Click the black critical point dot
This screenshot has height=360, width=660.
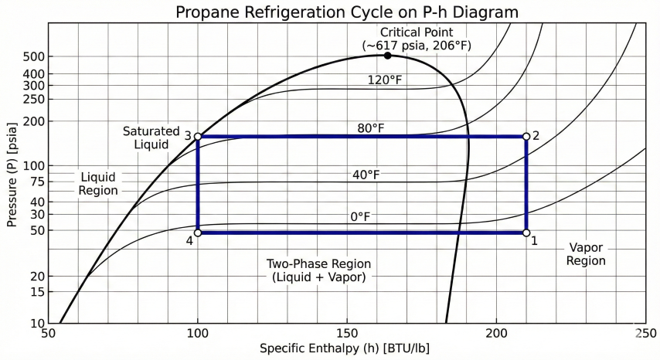click(387, 56)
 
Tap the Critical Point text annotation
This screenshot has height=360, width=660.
click(417, 38)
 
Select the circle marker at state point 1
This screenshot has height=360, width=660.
click(526, 232)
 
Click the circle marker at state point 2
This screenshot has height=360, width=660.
click(526, 137)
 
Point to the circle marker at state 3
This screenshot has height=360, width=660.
click(198, 137)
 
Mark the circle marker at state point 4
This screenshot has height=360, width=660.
click(198, 232)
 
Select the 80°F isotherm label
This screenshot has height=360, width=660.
click(370, 127)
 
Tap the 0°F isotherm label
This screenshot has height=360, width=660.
click(361, 217)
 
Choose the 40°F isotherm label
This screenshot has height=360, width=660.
click(366, 175)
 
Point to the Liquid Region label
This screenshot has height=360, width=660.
click(98, 184)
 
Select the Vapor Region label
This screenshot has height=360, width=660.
click(586, 254)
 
